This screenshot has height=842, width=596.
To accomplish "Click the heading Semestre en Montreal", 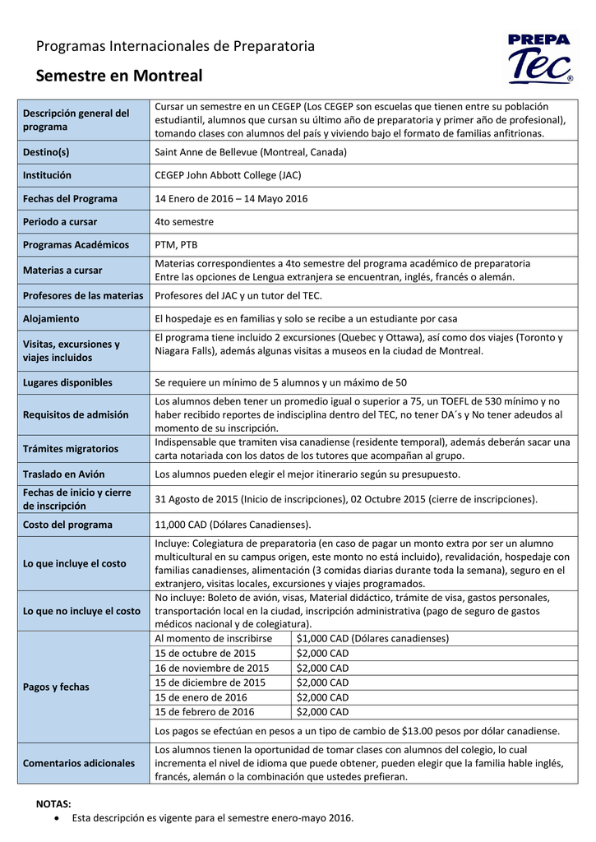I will point(119,76).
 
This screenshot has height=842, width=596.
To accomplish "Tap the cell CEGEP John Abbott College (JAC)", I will point(228,175).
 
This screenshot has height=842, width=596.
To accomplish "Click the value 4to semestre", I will point(184,221).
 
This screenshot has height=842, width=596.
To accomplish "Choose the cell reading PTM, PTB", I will point(176,244).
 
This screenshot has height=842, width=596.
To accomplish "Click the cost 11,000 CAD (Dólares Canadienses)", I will point(233,525).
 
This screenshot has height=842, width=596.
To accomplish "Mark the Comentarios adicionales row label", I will point(79,763).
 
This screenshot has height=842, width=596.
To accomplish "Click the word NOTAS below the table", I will point(53,803).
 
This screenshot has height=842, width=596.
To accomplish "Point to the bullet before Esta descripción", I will point(55,818).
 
